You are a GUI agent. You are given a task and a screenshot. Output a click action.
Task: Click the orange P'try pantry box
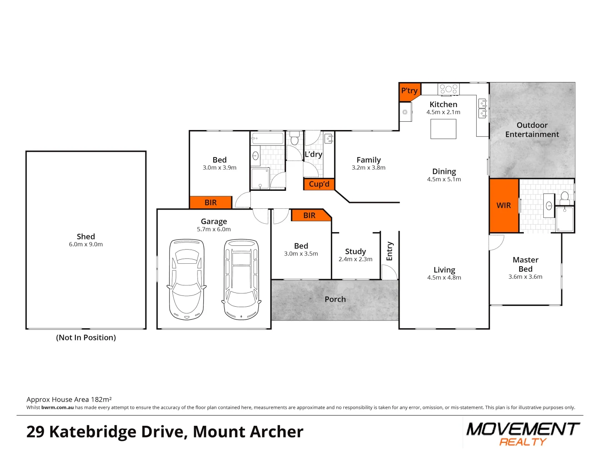(x=409, y=92)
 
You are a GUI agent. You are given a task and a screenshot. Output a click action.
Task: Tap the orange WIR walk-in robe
(x=504, y=205)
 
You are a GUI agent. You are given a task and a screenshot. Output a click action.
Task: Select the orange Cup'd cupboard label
(x=319, y=184)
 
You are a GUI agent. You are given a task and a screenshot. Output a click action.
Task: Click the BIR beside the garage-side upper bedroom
(x=210, y=202)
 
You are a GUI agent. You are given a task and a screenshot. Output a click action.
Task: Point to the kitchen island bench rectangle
(x=443, y=129)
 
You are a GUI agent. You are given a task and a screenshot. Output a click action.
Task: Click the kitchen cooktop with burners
(x=448, y=89)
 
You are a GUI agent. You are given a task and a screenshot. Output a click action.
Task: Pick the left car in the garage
(x=187, y=279)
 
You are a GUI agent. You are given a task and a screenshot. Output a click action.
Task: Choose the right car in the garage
(x=241, y=279)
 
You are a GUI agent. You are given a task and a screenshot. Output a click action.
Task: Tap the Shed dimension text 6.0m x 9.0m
(x=86, y=245)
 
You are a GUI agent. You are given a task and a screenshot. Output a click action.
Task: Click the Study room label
(x=355, y=252)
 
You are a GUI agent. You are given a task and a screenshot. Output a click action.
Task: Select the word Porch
(x=335, y=299)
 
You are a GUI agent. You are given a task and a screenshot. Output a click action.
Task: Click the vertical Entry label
(x=390, y=251)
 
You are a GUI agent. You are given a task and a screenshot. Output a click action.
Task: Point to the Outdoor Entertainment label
(x=532, y=130)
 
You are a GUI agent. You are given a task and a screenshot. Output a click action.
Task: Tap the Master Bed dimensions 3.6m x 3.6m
(x=525, y=277)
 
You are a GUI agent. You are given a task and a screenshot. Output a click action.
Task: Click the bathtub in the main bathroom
(x=267, y=138)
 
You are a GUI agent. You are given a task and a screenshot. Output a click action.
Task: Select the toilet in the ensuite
(x=565, y=197)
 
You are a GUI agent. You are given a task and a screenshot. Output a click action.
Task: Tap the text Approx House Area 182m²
(x=69, y=400)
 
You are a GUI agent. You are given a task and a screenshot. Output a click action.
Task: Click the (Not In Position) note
(x=86, y=337)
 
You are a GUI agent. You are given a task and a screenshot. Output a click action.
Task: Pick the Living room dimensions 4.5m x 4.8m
(x=444, y=277)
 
